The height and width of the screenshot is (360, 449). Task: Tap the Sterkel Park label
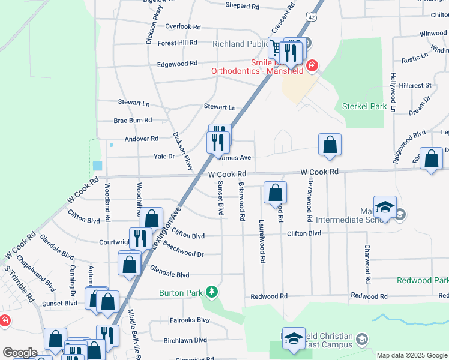click(364, 106)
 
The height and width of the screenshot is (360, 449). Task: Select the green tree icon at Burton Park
click(211, 292)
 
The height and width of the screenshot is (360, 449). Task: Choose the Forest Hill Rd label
click(177, 43)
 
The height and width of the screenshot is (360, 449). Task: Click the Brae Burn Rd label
click(133, 121)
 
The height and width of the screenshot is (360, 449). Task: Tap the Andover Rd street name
click(141, 139)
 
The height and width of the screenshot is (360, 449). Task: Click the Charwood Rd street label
click(367, 264)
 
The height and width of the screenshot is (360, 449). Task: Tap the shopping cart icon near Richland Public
click(276, 47)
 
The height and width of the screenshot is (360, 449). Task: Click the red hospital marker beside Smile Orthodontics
click(312, 65)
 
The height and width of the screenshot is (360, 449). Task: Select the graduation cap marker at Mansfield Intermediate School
click(385, 206)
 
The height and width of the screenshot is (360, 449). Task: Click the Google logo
click(20, 353)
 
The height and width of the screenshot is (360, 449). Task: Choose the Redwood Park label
click(423, 281)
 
